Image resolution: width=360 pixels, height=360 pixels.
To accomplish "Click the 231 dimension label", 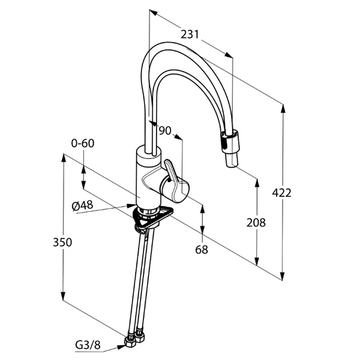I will pyautogui.click(x=190, y=35).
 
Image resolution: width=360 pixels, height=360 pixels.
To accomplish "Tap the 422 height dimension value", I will pyautogui.click(x=281, y=193).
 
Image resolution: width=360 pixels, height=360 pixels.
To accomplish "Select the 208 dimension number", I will pyautogui.click(x=256, y=223).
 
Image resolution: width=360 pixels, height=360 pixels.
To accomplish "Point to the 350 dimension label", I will pyautogui.click(x=62, y=242).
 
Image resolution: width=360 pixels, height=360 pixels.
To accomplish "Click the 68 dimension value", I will pyautogui.click(x=202, y=250).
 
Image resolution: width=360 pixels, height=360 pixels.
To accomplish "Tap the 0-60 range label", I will pyautogui.click(x=83, y=143).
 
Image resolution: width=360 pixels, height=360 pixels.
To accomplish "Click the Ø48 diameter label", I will pyautogui.click(x=82, y=206).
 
